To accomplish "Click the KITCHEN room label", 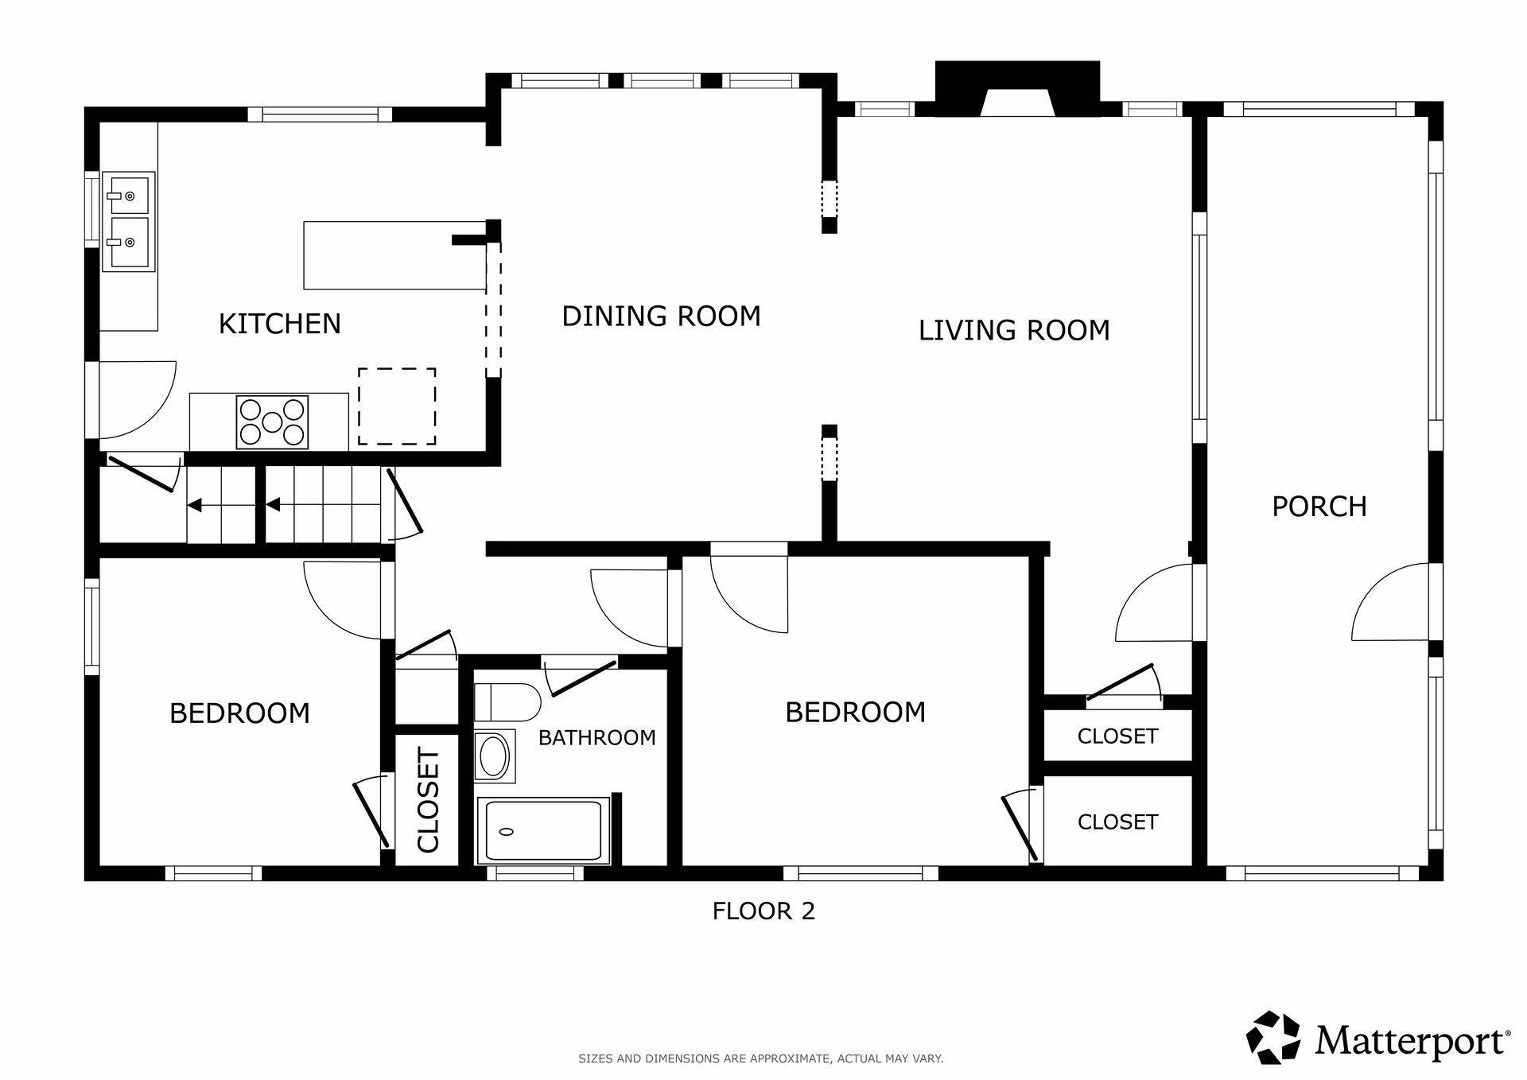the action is click(x=279, y=324).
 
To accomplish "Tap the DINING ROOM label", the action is click(x=661, y=317).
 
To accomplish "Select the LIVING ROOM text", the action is click(x=1014, y=330).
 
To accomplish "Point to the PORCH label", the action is click(x=1319, y=507).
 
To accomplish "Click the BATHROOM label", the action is click(x=596, y=738).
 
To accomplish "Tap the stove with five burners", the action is click(x=272, y=422).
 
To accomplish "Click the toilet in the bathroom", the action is click(x=507, y=701).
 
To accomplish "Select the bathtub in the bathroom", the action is click(x=543, y=831).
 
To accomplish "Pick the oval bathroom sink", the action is click(x=494, y=756).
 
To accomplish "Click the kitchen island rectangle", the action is click(x=395, y=255).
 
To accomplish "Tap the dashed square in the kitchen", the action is click(x=397, y=406).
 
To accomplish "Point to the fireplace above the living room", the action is click(x=1017, y=89).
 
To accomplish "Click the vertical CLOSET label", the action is click(x=428, y=800).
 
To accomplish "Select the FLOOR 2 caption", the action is click(x=763, y=911).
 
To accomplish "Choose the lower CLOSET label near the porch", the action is click(x=1117, y=822).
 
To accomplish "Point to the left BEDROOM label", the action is click(x=239, y=713).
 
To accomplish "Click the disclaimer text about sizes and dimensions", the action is click(x=760, y=1059).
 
